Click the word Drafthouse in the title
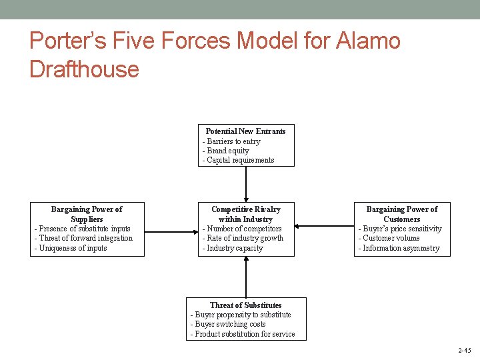[x=84, y=69]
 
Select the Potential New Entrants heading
[x=245, y=131]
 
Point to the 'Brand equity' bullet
[x=227, y=151]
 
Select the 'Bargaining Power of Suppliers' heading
[x=87, y=214]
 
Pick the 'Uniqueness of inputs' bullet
[x=72, y=248]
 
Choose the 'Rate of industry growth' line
[x=245, y=238]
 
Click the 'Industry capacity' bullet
[x=235, y=248]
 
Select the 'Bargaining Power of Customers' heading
[x=402, y=214]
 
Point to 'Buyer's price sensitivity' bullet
[x=402, y=229]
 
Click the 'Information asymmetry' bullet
[x=401, y=248]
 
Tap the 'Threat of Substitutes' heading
[x=245, y=305]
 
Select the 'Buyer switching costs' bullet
[x=230, y=324]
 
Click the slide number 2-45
[x=464, y=351]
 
